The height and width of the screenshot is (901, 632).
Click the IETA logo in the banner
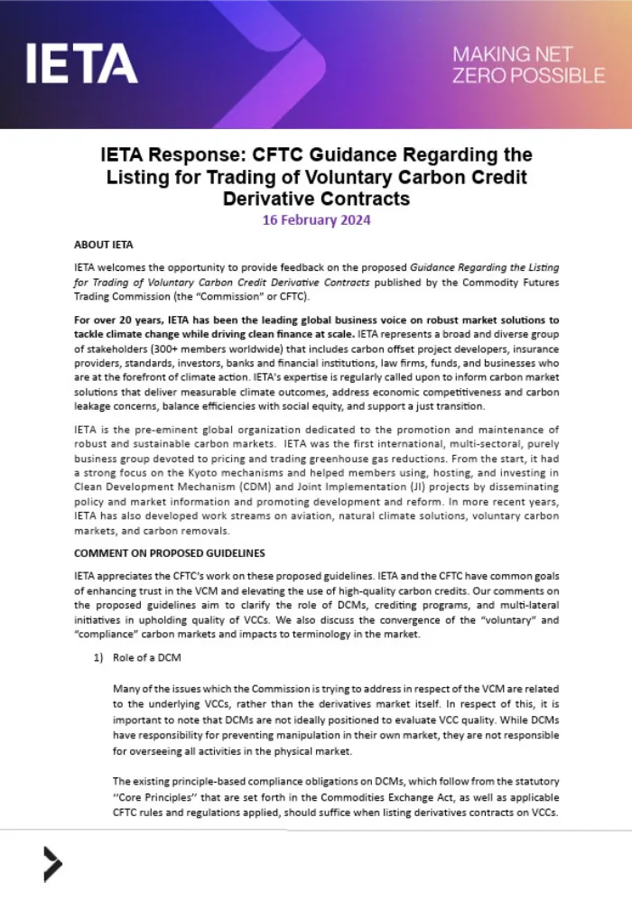click(81, 64)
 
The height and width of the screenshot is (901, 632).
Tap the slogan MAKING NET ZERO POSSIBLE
click(529, 64)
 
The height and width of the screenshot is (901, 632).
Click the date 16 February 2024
click(316, 218)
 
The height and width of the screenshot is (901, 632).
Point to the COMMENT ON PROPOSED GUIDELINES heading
click(170, 553)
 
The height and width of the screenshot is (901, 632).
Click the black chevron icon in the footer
click(52, 864)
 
